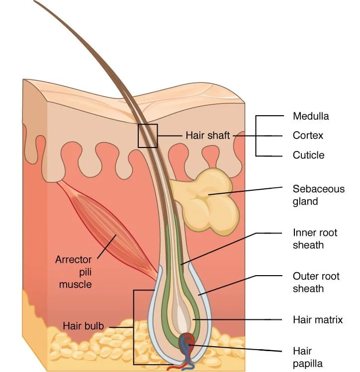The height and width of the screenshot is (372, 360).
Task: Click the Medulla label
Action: (x=311, y=117)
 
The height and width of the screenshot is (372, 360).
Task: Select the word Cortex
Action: (x=308, y=136)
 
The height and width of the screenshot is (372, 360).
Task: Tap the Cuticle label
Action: (x=308, y=155)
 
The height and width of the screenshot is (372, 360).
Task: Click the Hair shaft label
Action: (x=207, y=135)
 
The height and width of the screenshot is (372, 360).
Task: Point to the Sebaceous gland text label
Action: (x=318, y=195)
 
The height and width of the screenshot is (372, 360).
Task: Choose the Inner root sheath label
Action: (x=315, y=238)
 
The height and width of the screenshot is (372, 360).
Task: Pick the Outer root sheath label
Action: (x=315, y=282)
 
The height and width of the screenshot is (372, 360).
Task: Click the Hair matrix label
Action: (x=318, y=320)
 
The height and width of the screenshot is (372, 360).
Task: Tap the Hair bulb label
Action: (x=83, y=326)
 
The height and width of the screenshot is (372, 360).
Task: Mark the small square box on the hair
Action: (x=148, y=136)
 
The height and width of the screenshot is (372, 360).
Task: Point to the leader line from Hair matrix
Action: (x=239, y=319)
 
